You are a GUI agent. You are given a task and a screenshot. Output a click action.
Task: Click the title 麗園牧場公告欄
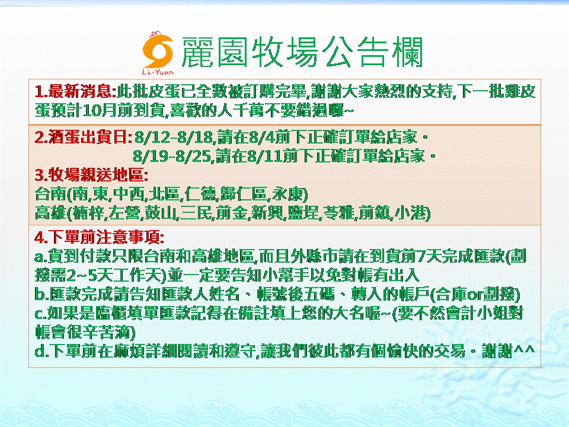tap(302, 53)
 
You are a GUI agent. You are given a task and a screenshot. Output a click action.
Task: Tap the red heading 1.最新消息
tap(75, 91)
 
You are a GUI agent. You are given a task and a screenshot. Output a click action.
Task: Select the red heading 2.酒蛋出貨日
tap(84, 138)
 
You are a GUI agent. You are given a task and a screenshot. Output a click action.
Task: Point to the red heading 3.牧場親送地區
tap(91, 175)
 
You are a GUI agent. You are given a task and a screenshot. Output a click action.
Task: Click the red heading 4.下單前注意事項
tap(100, 238)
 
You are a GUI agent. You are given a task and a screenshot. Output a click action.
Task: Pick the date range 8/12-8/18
tap(174, 138)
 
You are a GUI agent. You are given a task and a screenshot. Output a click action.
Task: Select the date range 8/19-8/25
tap(172, 157)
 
